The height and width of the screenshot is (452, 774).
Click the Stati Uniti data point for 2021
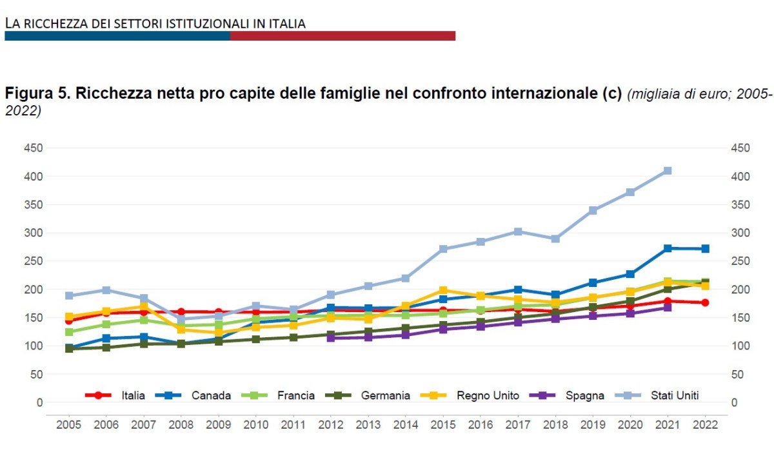[x=668, y=171]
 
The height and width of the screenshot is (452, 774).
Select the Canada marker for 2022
[x=705, y=249]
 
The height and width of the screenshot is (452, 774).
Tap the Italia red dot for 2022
[x=705, y=302]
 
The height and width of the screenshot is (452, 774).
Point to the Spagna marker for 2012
[x=330, y=337]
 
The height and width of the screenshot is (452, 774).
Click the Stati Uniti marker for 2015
[x=443, y=249]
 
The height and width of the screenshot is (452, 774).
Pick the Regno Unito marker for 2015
[x=443, y=290]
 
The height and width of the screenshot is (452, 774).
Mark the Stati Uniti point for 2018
[x=555, y=239]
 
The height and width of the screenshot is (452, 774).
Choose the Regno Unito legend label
[x=487, y=395]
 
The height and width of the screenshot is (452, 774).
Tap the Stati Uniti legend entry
[x=674, y=395]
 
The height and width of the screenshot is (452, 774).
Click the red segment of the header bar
[x=342, y=35]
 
